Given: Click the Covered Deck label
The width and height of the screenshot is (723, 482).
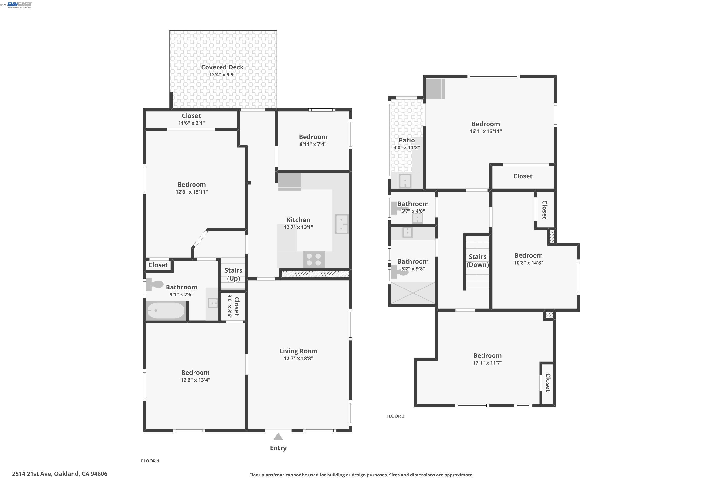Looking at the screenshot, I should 222,67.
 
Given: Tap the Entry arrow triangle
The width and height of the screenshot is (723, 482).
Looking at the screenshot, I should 278,437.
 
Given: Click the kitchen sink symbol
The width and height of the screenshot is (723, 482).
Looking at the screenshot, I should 341,224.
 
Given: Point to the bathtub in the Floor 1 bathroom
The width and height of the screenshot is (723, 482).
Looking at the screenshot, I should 166,310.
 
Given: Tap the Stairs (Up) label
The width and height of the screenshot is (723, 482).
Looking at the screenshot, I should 233,274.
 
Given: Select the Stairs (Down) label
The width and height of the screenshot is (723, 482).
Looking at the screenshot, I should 477,261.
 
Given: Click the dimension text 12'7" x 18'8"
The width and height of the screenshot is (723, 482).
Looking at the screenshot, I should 298,358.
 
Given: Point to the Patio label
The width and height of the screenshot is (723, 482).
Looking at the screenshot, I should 406,140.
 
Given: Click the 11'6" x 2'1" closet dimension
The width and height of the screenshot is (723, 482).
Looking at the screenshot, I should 191,123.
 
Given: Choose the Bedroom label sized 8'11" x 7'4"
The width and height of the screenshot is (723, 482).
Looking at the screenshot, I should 313,137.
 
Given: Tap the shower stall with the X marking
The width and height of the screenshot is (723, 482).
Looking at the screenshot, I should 413,293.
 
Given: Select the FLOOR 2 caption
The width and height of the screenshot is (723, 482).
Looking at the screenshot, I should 395,416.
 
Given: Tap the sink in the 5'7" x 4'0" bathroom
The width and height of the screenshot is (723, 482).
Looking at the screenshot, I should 417,218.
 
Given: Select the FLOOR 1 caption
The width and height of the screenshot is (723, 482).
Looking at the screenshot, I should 150,461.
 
